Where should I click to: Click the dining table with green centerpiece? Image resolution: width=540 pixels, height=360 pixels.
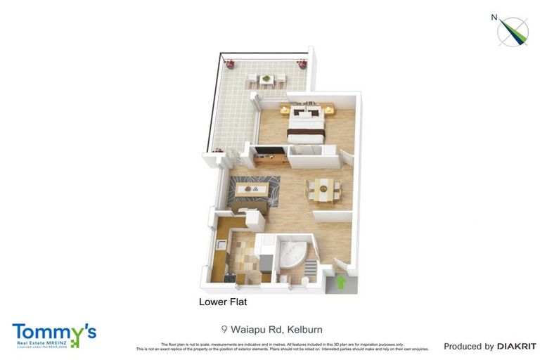tap(323, 188)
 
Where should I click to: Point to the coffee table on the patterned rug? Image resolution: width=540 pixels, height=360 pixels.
tap(252, 188)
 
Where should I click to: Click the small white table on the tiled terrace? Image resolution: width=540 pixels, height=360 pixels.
tap(266, 79)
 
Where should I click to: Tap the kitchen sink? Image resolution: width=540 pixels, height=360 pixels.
tap(220, 245)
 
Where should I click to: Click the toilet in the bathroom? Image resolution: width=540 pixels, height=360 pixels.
tap(304, 281)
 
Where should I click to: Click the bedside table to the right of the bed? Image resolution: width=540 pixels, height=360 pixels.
tap(328, 110)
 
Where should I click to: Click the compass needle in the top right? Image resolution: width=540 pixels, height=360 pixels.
tap(513, 30)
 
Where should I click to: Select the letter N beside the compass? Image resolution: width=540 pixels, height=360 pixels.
tap(495, 18)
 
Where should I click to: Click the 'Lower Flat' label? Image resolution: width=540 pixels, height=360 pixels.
tap(222, 302)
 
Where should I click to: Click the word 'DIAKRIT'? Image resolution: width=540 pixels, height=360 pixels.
tap(517, 346)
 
